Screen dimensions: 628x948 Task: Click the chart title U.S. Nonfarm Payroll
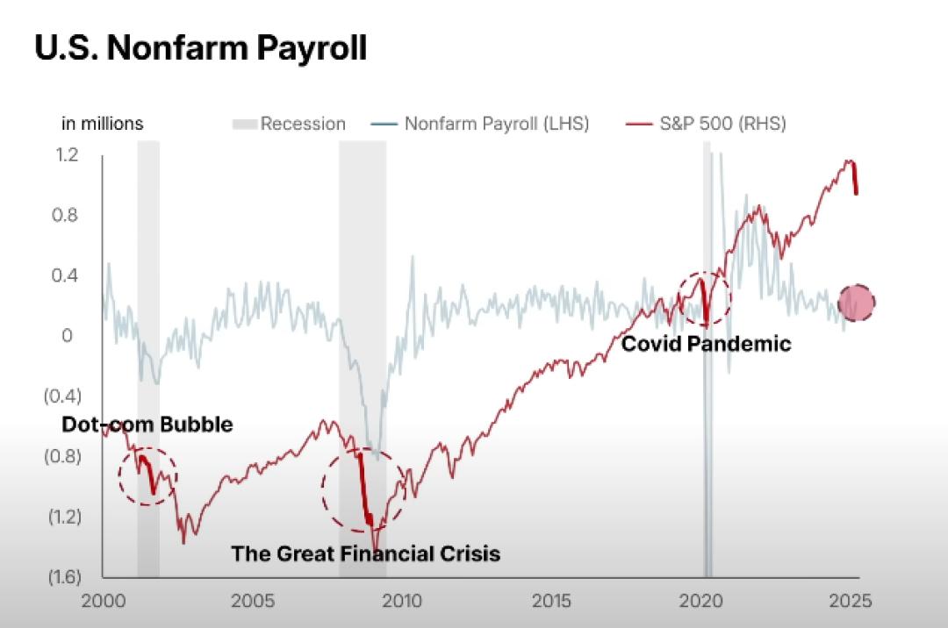tap(200, 48)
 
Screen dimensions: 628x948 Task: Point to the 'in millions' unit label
tap(102, 124)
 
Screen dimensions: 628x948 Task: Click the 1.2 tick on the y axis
tap(68, 155)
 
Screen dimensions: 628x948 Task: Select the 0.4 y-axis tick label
tap(68, 275)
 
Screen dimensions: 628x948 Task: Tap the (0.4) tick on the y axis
tap(62, 396)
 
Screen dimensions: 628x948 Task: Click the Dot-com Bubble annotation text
tap(147, 425)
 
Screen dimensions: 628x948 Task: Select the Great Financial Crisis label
tap(365, 554)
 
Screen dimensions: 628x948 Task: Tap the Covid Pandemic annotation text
tap(706, 344)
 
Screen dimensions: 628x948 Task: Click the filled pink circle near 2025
tap(857, 303)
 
